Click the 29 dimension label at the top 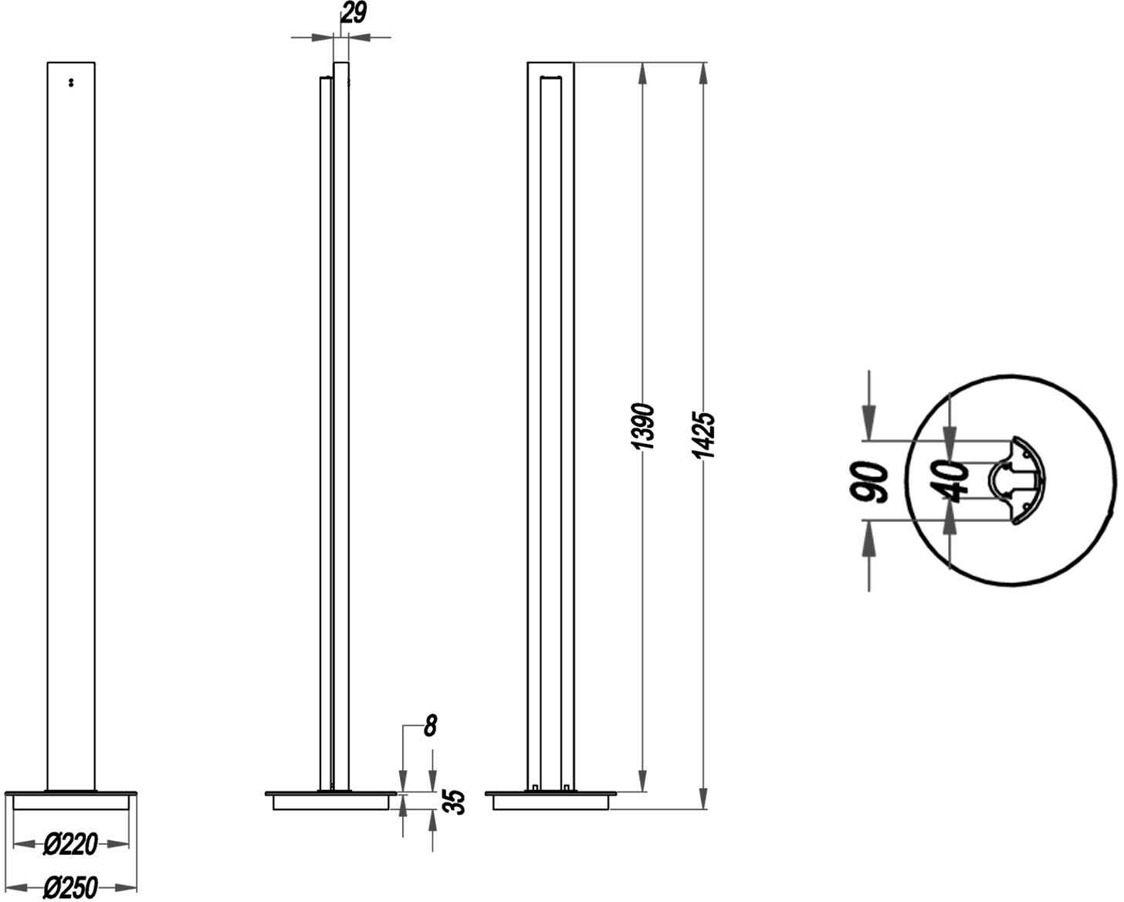point(354,13)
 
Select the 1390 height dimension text point(642,426)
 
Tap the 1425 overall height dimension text point(703,436)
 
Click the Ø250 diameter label point(70,887)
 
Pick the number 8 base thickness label point(430,727)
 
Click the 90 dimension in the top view point(868,482)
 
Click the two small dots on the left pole point(71,82)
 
